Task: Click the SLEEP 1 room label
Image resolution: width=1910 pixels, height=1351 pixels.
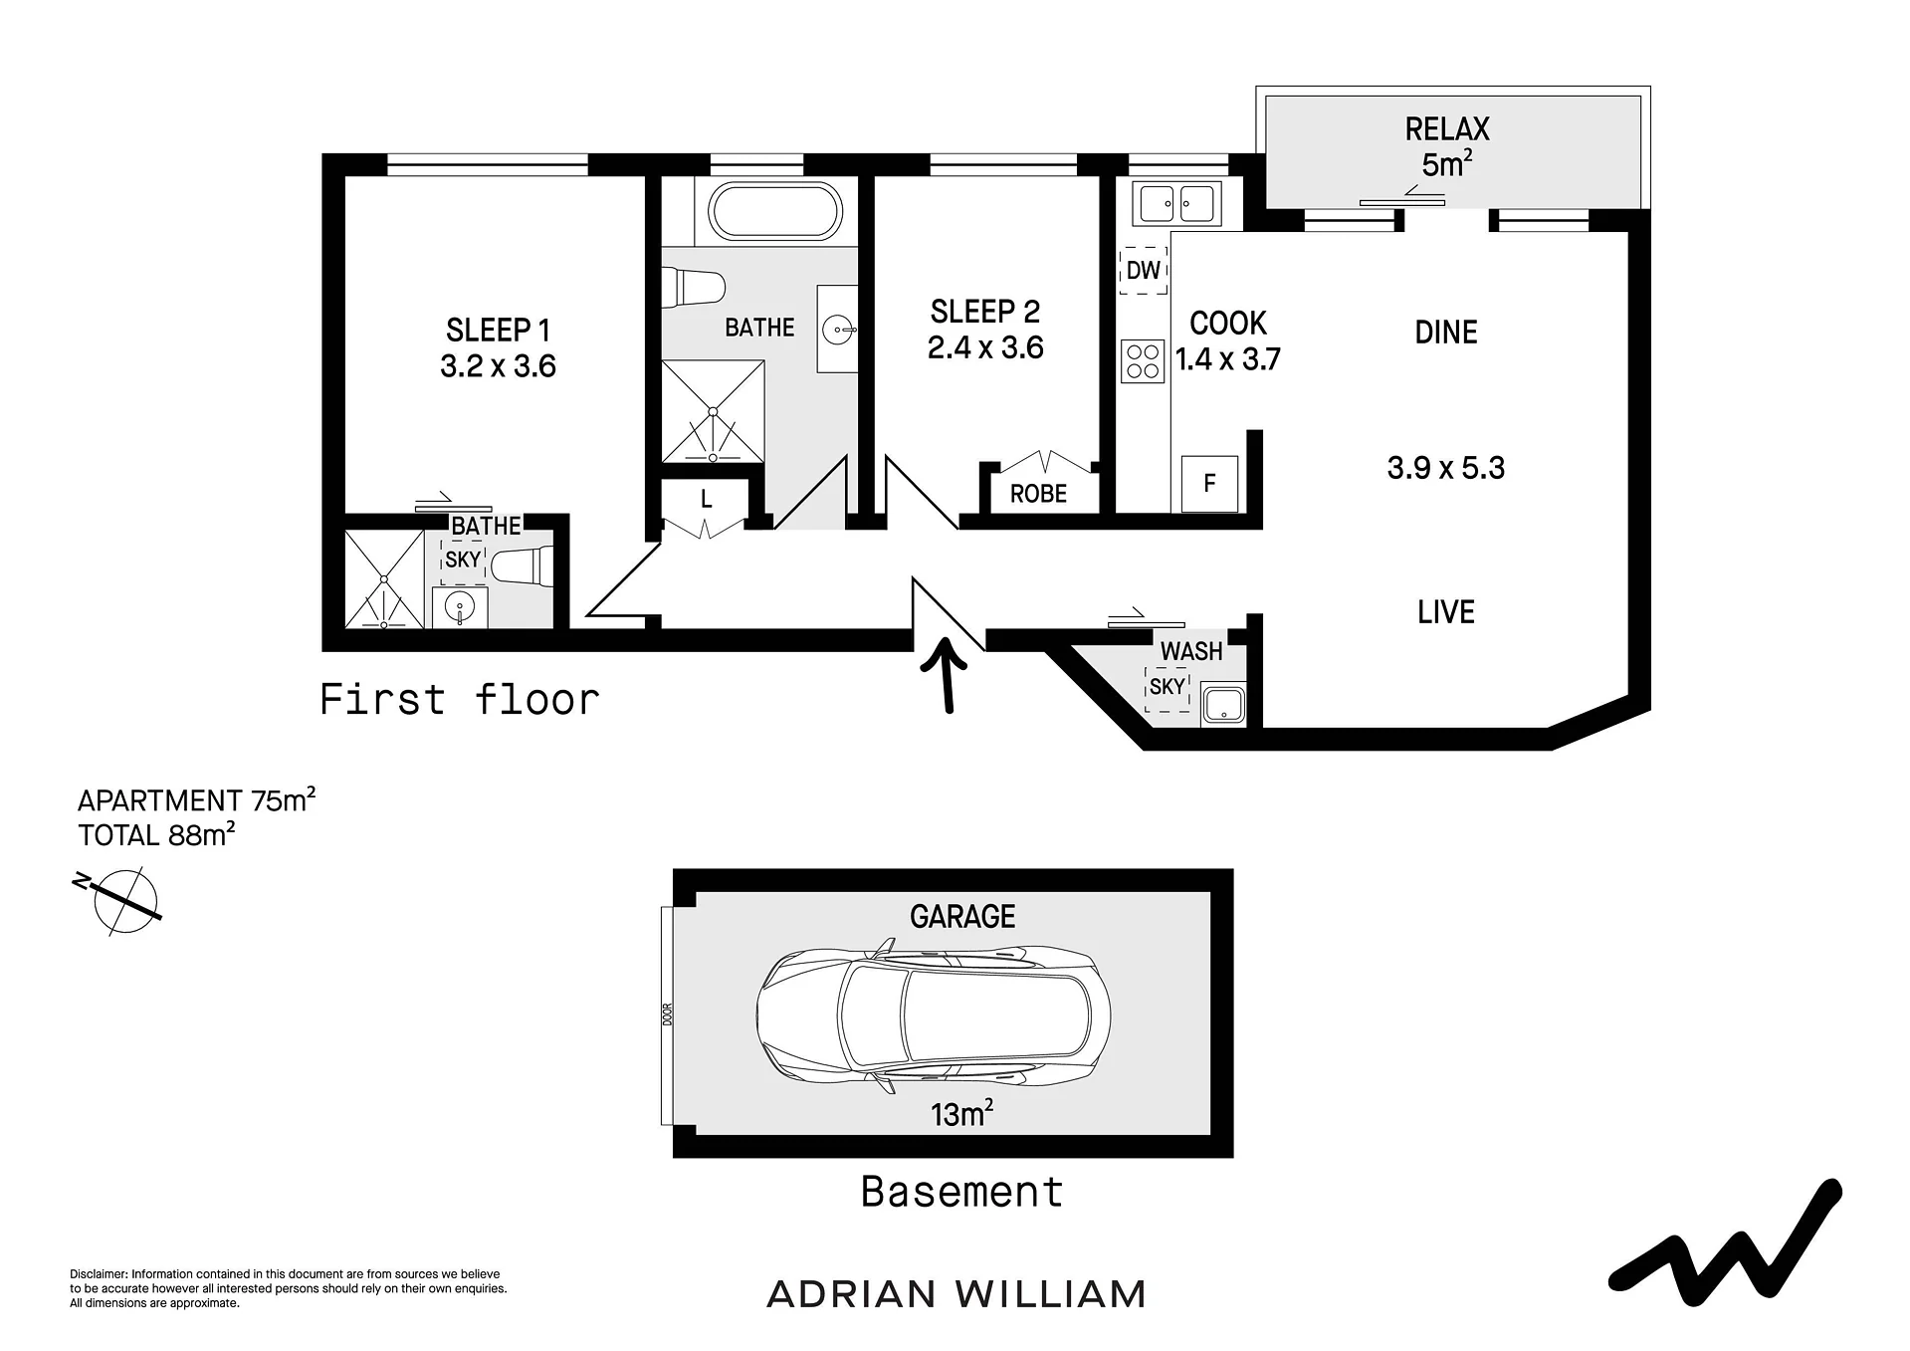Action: point(498,330)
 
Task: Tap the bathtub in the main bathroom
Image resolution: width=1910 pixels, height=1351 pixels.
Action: point(775,211)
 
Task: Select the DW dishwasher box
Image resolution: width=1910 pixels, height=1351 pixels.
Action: point(1144,270)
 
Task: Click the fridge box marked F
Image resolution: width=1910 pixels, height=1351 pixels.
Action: point(1209,484)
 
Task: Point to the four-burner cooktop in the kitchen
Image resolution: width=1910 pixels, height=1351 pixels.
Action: point(1143,361)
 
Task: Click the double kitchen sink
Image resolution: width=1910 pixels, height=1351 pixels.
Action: point(1176,205)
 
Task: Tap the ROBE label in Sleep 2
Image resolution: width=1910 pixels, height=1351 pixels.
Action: point(1038,494)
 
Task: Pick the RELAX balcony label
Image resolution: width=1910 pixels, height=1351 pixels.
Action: point(1447,129)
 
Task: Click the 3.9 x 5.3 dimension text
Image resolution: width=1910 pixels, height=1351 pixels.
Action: point(1445,468)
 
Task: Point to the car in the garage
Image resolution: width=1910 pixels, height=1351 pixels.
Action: point(934,1015)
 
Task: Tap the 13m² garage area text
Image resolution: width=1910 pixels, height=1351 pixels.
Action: point(961,1113)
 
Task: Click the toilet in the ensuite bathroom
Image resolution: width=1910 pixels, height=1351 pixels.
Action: point(523,566)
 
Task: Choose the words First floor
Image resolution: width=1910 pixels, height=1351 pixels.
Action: point(460,699)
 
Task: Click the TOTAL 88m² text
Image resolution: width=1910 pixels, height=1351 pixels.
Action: point(156,835)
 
